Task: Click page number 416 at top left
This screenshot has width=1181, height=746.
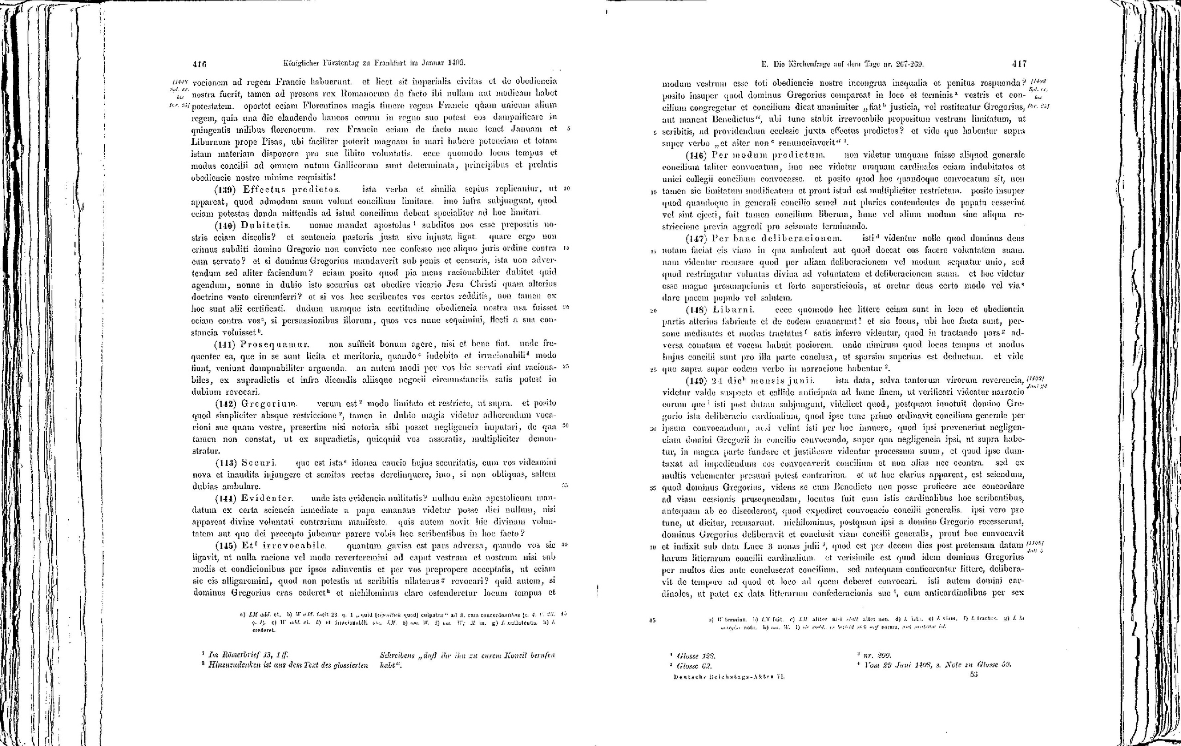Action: [x=199, y=63]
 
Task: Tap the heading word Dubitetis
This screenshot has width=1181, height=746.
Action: [x=265, y=225]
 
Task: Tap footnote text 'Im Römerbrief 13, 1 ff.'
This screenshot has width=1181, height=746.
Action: [x=247, y=654]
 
